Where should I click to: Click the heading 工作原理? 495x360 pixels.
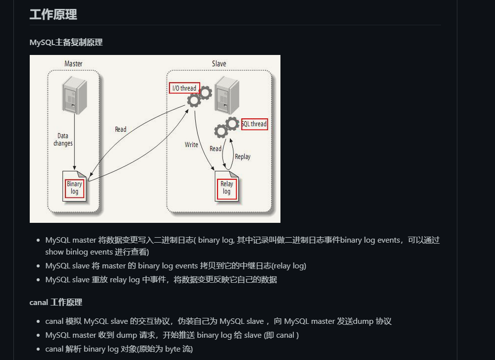(53, 14)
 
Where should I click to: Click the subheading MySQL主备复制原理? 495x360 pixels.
(66, 43)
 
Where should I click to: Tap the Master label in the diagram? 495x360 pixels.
(73, 64)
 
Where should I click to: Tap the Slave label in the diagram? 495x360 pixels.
(219, 64)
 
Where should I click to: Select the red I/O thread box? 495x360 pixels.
(184, 88)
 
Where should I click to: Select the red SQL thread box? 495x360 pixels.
(255, 124)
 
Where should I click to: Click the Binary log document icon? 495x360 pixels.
(74, 187)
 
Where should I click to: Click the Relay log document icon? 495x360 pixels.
(226, 187)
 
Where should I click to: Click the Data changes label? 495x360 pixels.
(63, 140)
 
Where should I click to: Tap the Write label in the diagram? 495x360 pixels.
(191, 145)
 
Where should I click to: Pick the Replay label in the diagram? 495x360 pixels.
(242, 156)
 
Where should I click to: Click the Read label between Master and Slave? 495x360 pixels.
(120, 129)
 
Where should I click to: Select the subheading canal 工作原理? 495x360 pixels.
(55, 302)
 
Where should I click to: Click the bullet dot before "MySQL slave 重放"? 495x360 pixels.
(39, 279)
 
